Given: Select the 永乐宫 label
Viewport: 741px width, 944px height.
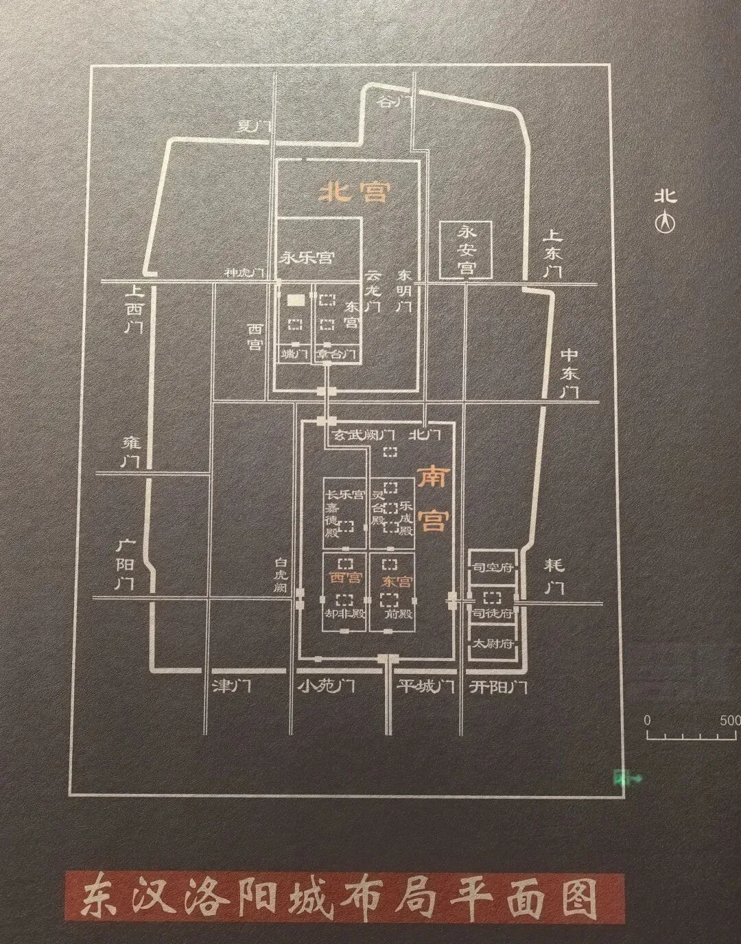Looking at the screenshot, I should click(x=307, y=258).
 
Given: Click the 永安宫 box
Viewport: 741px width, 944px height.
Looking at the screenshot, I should click(x=467, y=250).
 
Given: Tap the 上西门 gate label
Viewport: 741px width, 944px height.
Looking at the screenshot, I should click(x=133, y=308).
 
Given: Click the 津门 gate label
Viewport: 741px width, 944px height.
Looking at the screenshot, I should click(x=233, y=686).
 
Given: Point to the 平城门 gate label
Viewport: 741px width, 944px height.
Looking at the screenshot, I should click(x=426, y=686).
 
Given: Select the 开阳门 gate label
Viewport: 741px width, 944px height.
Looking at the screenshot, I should click(x=499, y=686).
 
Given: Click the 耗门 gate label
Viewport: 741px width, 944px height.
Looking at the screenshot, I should click(x=554, y=576).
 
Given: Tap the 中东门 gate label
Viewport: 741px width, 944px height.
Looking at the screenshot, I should click(x=569, y=373).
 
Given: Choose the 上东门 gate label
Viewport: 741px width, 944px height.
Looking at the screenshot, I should click(x=552, y=253).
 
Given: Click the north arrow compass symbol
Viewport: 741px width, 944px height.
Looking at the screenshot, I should click(x=664, y=222).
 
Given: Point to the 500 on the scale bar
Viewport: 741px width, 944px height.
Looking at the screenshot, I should click(x=729, y=721).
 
